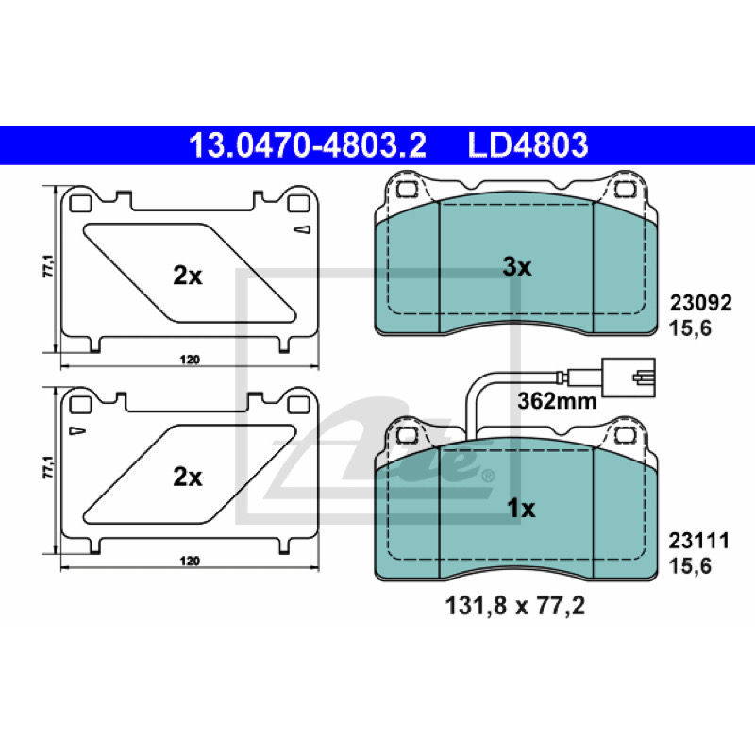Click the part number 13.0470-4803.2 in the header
308,145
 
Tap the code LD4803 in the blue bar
528,145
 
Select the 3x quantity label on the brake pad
517,266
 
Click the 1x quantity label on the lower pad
521,508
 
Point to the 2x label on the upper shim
188,276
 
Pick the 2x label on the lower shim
188,478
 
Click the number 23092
701,303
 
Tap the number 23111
698,541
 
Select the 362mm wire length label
557,400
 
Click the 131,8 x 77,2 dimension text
515,605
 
